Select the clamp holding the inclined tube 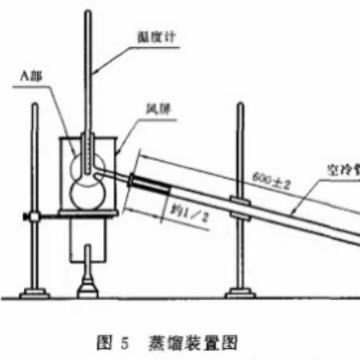pyautogui.click(x=241, y=209)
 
